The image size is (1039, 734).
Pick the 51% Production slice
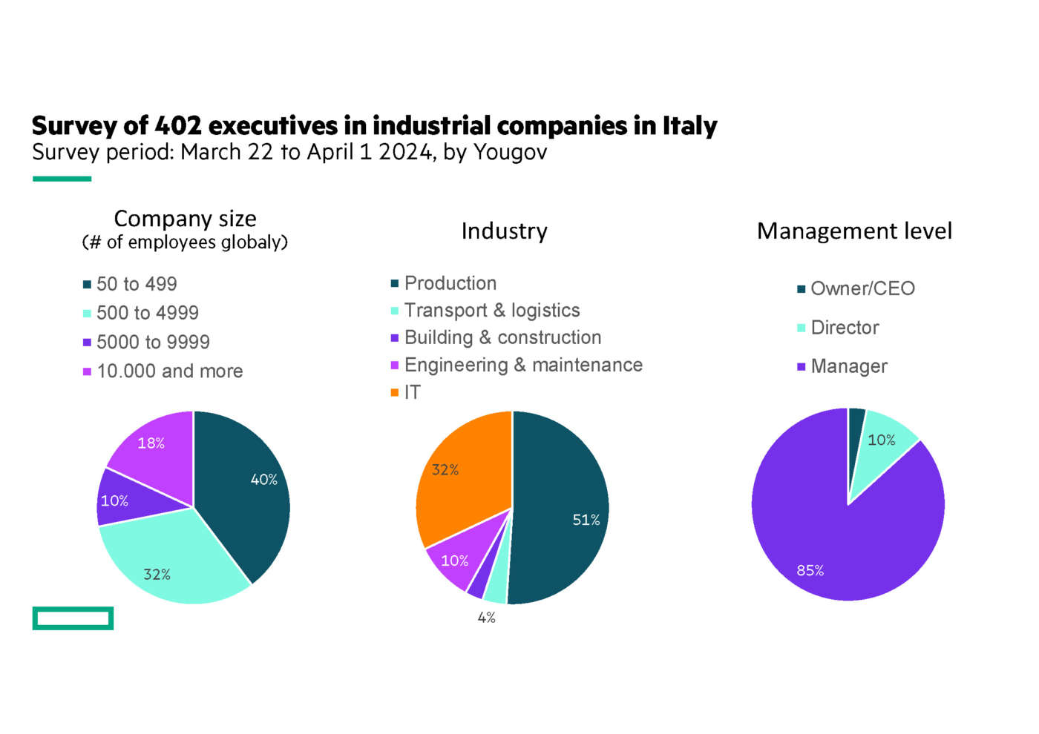564,512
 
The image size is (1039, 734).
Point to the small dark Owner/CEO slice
856,430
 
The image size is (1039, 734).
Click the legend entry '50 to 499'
137,284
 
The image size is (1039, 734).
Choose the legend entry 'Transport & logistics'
492,311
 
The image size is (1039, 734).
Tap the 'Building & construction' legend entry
502,338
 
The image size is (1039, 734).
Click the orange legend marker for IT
395,392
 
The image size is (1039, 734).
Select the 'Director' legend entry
845,328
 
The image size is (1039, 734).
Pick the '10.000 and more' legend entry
169,371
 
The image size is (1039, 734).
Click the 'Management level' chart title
854,231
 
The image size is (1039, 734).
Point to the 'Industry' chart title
505,231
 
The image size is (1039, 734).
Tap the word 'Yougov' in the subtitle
511,152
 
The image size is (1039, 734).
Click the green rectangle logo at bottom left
73,618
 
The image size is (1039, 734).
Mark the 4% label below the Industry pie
487,618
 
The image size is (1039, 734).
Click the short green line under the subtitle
62,179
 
